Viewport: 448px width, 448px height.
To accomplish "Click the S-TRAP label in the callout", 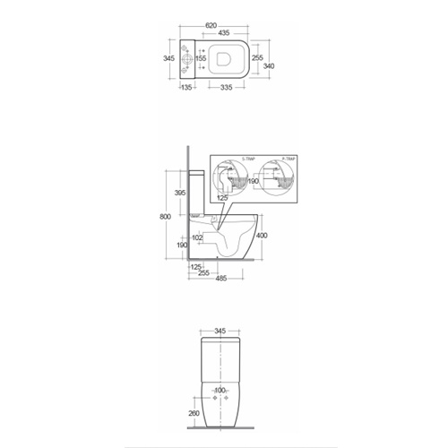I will pos(249,158).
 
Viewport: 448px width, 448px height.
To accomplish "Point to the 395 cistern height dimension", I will pos(179,193).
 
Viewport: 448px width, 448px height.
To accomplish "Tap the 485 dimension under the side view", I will pos(220,279).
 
